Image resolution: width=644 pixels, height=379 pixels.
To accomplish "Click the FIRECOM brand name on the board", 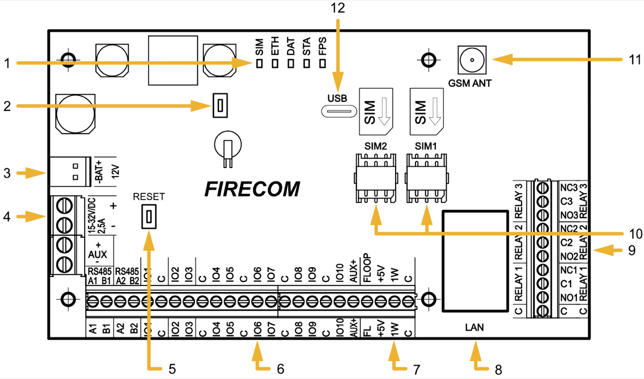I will click(252, 189).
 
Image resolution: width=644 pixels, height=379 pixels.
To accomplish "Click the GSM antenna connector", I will click(471, 60).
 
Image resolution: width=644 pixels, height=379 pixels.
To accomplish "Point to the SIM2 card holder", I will click(375, 177).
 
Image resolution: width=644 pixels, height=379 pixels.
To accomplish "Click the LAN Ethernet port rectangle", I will click(474, 261).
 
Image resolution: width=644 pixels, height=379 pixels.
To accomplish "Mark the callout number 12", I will click(338, 8).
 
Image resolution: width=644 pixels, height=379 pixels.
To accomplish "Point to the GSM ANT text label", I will click(471, 83).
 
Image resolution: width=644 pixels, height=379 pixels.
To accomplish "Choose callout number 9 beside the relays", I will click(631, 250).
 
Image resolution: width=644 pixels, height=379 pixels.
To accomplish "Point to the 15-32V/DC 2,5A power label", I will click(96, 215).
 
